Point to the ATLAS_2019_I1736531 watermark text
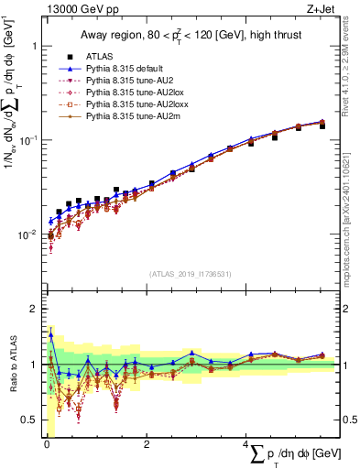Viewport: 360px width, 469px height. tap(190, 274)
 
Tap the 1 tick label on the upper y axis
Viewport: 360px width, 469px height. tap(34, 46)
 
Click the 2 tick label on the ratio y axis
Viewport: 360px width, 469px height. tap(34, 309)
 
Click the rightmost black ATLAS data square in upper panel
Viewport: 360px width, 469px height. tap(322, 126)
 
